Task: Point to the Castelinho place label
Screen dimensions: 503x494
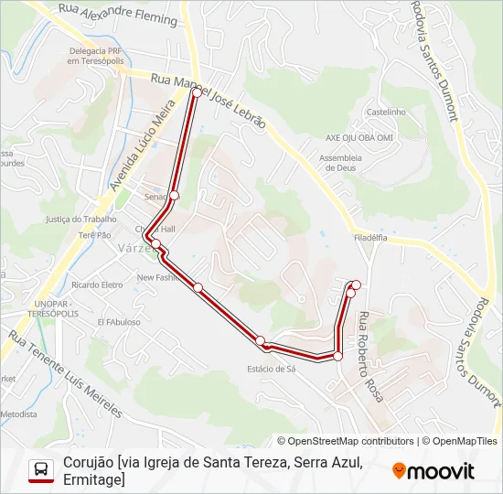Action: (x=386, y=112)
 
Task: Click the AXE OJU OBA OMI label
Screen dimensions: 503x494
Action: (x=359, y=137)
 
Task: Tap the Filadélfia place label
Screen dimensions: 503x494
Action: (x=370, y=237)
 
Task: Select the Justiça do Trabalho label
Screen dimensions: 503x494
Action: (x=80, y=220)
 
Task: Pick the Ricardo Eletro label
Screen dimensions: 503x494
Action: (x=97, y=285)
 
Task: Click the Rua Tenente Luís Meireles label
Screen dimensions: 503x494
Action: (x=64, y=371)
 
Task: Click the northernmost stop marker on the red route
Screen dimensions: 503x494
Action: (x=196, y=92)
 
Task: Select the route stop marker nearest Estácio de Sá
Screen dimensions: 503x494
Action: (x=261, y=341)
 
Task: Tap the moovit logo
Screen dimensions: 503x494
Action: (x=433, y=471)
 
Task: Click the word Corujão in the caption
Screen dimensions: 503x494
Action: (x=89, y=463)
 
